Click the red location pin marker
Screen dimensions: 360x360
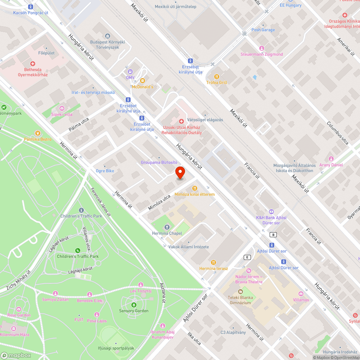(x=180, y=173)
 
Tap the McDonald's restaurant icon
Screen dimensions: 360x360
(x=143, y=80)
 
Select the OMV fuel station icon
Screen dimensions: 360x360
(x=130, y=71)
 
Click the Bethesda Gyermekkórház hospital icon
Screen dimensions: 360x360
(x=33, y=63)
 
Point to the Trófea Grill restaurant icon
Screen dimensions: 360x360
(x=217, y=76)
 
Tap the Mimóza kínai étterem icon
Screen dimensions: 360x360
(x=194, y=188)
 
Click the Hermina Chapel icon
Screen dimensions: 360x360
(x=167, y=227)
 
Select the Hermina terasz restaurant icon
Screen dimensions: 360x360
(x=214, y=262)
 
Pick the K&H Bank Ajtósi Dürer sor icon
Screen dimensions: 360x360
(x=271, y=212)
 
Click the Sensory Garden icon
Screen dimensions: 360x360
(x=134, y=305)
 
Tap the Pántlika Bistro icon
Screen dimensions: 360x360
(x=38, y=133)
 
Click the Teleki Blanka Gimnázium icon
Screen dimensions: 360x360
(x=240, y=291)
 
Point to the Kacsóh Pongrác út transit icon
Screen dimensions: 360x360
(x=31, y=6)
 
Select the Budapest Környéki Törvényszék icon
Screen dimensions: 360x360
(x=107, y=36)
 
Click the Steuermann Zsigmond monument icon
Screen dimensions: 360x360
(x=262, y=48)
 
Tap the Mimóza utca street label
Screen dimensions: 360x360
(x=159, y=203)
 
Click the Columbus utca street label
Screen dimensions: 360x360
(x=337, y=133)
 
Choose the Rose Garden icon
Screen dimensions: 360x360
(x=19, y=309)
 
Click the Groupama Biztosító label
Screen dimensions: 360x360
(x=159, y=162)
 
